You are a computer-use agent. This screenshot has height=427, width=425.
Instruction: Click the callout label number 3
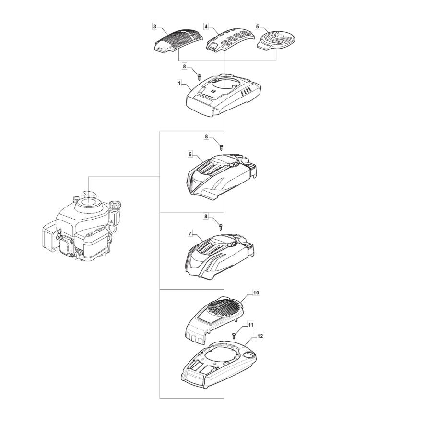tap(155, 26)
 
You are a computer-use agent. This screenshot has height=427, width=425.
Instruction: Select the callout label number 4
tap(206, 26)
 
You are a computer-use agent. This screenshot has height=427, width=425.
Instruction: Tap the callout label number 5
tap(258, 26)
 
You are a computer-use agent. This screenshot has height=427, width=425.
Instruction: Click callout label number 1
tap(179, 83)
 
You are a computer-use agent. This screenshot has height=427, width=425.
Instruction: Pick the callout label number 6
tap(190, 154)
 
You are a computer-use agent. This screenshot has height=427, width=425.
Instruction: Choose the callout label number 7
tap(190, 233)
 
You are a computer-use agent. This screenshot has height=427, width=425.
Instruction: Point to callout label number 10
tap(256, 293)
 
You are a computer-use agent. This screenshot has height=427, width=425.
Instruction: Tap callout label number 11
tap(251, 325)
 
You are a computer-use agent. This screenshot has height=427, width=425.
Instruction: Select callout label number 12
tap(260, 336)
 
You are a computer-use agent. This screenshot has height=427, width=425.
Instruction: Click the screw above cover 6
tap(221, 147)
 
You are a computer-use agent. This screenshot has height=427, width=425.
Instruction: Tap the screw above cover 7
tap(221, 227)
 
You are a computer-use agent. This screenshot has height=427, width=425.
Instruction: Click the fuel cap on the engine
tap(115, 204)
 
